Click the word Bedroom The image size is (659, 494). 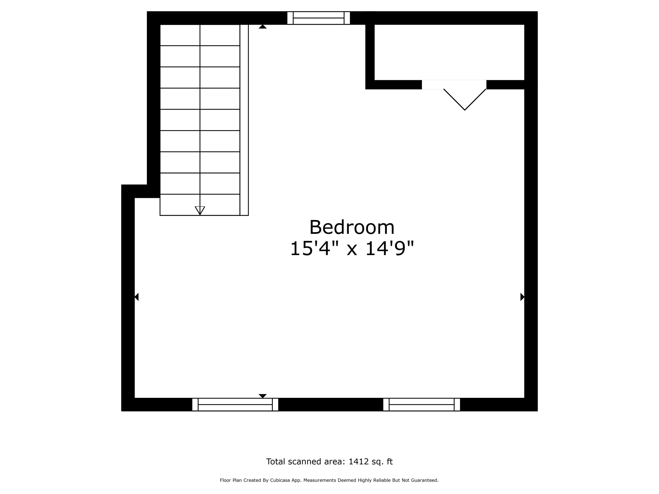pos(352,227)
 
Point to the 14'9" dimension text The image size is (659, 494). pos(389,248)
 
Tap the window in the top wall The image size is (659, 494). pos(319,18)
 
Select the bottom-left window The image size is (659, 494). pos(235,404)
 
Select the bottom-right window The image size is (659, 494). pos(422,404)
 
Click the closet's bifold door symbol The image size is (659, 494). pos(465,99)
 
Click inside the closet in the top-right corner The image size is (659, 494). pos(449,52)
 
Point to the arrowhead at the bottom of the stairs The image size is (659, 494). pos(200,211)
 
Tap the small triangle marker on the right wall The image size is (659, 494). pos(522,297)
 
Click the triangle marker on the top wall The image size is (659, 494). pos(263,27)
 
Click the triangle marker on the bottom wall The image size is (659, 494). pos(263,396)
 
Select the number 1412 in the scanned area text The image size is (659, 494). pos(359,461)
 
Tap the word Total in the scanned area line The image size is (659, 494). pos(276,461)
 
